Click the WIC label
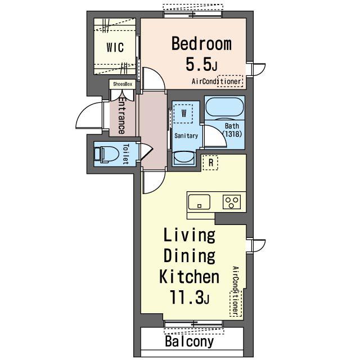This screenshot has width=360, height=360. coord(115,47)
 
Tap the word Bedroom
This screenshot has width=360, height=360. coord(201,43)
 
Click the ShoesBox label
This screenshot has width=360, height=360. coord(123,84)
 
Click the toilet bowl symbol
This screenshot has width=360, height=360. coord(106,154)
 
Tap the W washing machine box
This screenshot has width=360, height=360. coord(183,114)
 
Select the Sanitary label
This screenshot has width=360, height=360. coord(186,136)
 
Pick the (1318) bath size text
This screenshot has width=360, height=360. coord(232,134)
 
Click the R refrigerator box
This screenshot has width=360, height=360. coord(210,163)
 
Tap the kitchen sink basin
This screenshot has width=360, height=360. coord(199,202)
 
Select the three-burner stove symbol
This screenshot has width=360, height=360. coord(232,202)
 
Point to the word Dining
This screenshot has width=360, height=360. coord(190,255)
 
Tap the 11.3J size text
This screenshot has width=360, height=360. coord(189,297)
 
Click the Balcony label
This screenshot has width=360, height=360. coord(190,341)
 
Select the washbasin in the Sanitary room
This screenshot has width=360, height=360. coord(183,158)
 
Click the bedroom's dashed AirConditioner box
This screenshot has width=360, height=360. coord(230,81)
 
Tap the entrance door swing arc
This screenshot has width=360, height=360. coord(85,110)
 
